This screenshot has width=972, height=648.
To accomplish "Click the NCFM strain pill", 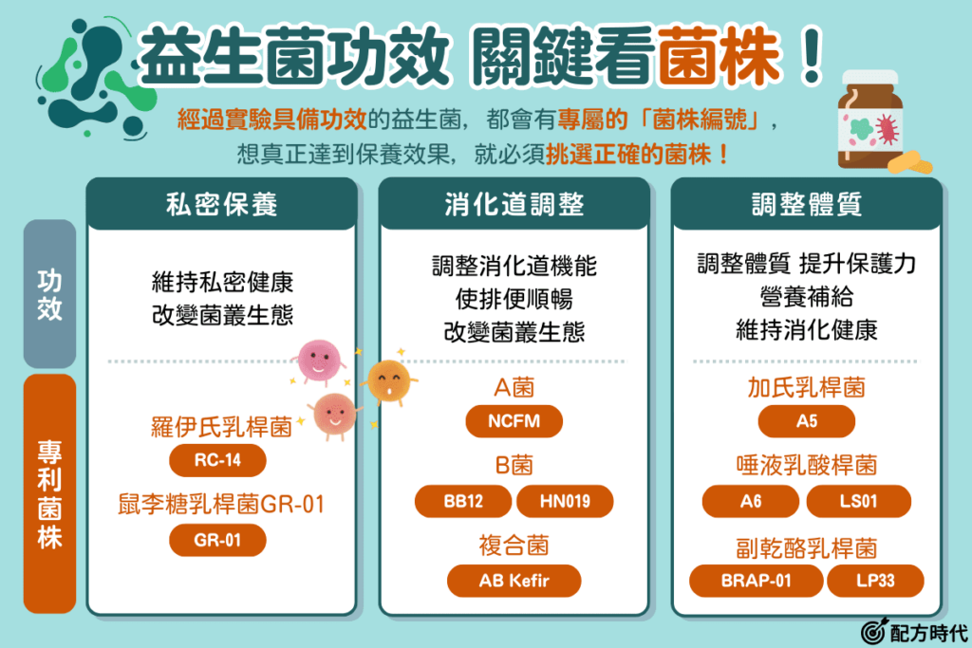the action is click(x=514, y=421).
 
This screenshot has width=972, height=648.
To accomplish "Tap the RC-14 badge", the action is click(x=217, y=460).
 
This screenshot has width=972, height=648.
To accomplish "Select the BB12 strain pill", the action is click(x=463, y=501).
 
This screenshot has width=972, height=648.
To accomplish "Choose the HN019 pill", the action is click(x=565, y=501).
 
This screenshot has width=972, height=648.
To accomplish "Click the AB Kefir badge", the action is click(x=514, y=581).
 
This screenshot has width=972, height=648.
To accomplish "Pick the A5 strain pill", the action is click(x=807, y=421).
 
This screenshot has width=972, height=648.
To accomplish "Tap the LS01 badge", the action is click(x=858, y=501).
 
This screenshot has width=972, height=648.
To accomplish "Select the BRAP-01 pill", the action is click(x=757, y=581).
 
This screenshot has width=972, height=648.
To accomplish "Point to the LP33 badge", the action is click(x=875, y=581).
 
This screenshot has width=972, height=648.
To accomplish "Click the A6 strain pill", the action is click(x=751, y=501).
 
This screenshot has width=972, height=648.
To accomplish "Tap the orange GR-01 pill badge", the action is click(x=217, y=540).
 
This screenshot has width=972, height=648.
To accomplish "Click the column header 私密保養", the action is click(x=222, y=204).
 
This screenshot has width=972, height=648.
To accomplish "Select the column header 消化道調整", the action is click(x=514, y=204).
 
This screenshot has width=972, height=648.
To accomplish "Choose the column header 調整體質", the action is click(x=807, y=204).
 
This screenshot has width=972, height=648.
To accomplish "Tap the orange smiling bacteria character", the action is click(x=388, y=381).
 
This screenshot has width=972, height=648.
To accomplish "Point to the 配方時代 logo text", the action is click(x=928, y=633).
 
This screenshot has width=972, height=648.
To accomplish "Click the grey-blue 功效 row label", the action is click(x=49, y=294).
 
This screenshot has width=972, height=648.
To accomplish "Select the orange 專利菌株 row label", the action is click(x=49, y=493).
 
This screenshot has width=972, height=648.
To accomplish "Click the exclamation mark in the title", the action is click(x=811, y=56).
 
